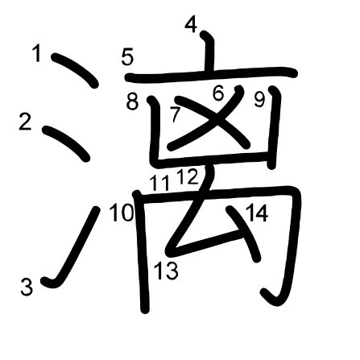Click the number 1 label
tap(37, 53)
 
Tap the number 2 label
tap(25, 122)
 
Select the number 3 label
tap(27, 287)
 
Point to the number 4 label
tap(191, 25)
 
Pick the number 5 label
tap(127, 57)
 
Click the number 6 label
tap(218, 93)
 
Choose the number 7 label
tap(175, 114)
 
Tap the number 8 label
tap(132, 101)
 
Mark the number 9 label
tap(259, 100)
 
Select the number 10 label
tap(122, 213)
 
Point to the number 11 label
tap(159, 183)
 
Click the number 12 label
tap(188, 176)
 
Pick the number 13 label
tap(166, 271)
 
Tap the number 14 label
tap(257, 213)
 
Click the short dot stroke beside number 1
tap(75, 70)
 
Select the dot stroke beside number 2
tap(66, 143)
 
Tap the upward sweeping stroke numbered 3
tap(73, 247)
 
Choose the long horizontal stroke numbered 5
tap(211, 74)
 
